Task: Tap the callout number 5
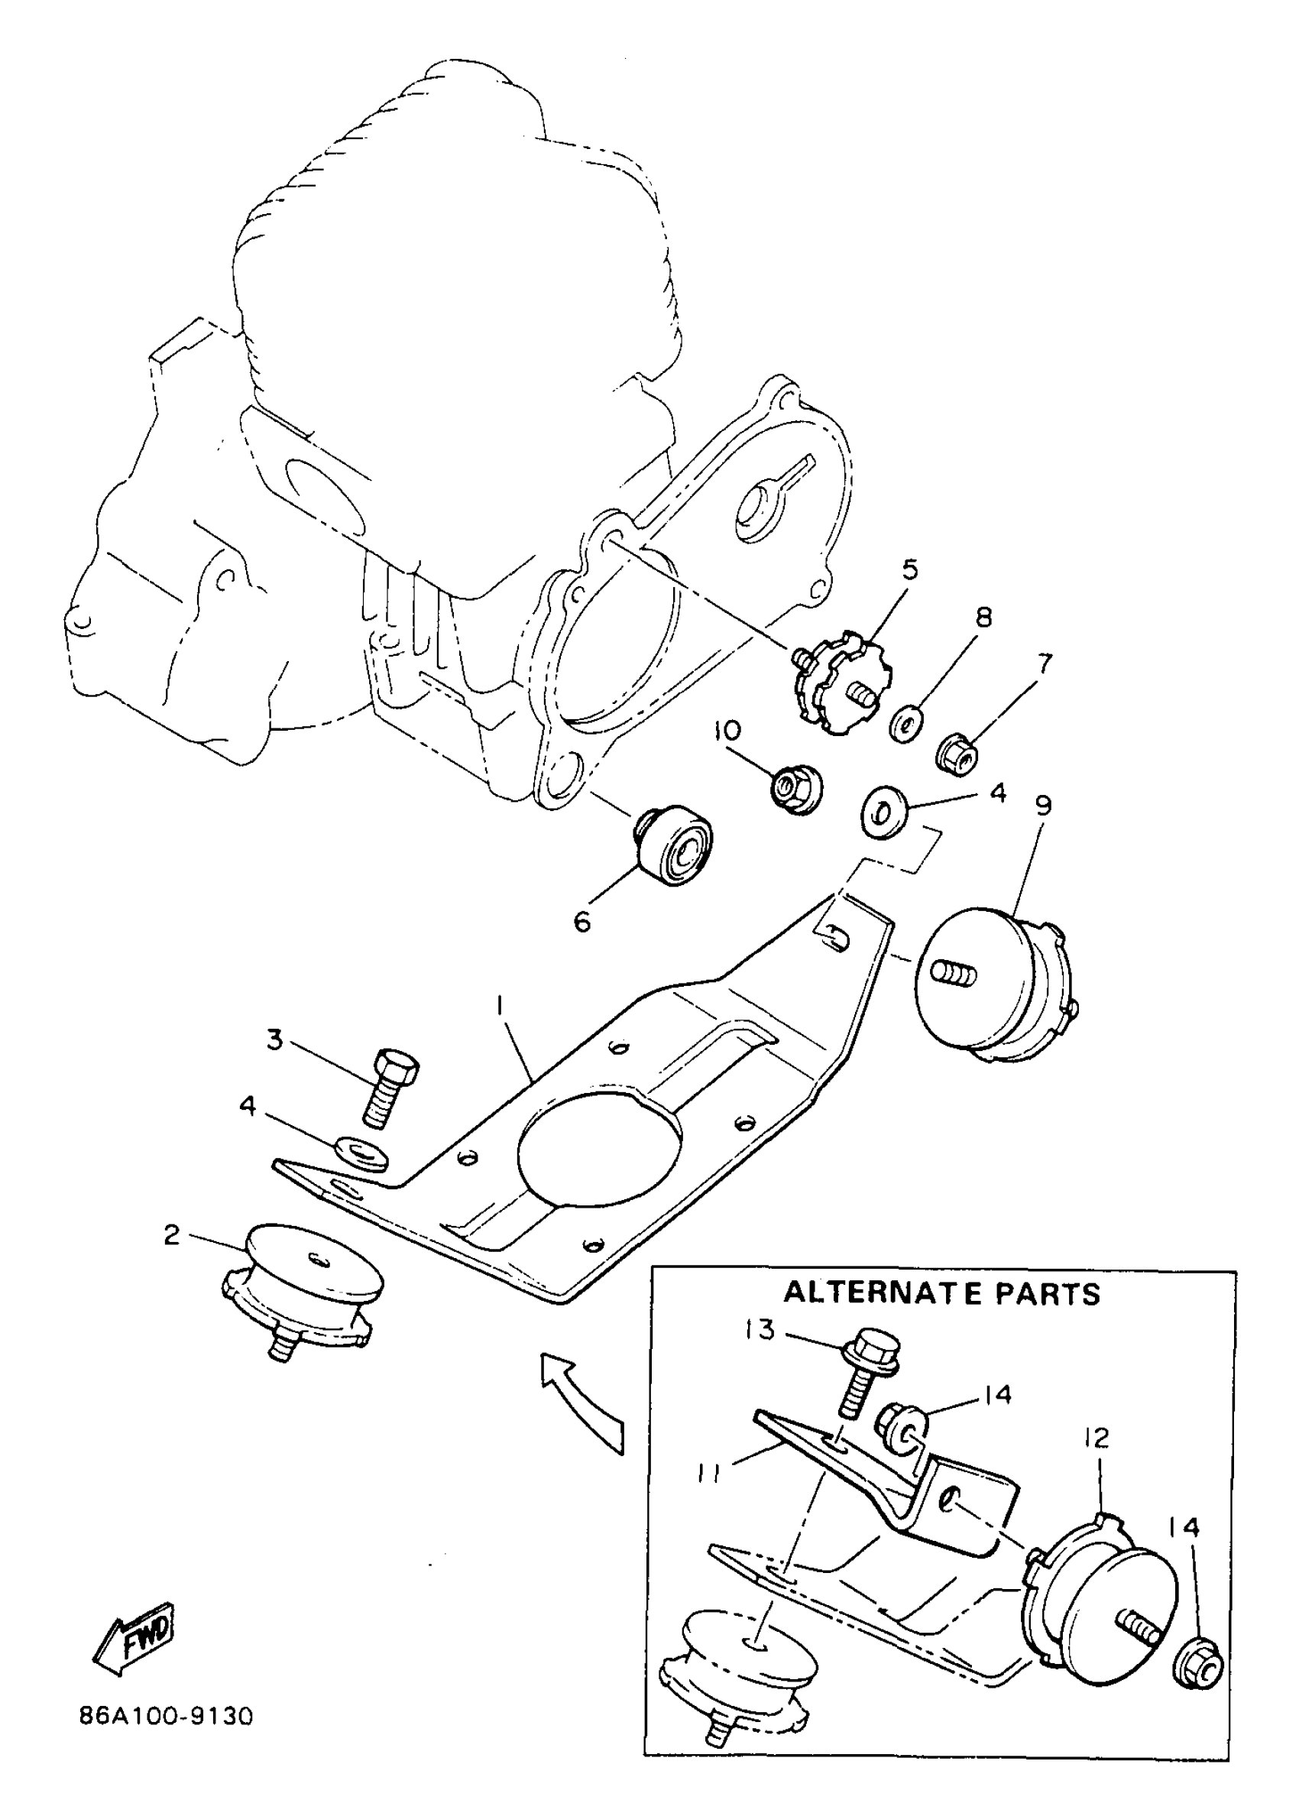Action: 910,570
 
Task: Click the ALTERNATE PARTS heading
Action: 941,1292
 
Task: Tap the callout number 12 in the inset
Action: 1097,1438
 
